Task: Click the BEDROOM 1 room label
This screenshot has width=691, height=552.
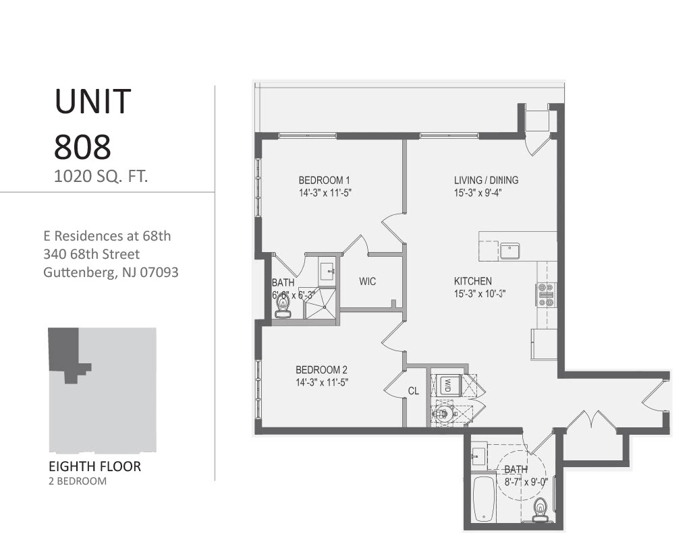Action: [324, 180]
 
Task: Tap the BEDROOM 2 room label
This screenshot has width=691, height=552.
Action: [321, 370]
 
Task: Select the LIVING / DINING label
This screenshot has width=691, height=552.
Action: [486, 180]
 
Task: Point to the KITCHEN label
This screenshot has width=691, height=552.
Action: [472, 281]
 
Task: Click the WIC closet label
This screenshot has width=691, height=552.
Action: [367, 281]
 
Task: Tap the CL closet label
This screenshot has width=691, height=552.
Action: [414, 391]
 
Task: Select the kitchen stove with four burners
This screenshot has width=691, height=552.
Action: [545, 295]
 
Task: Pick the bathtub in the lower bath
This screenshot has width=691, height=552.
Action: [483, 499]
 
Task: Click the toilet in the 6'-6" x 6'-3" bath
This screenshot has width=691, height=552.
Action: [283, 306]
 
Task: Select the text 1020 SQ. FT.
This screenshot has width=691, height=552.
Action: [101, 177]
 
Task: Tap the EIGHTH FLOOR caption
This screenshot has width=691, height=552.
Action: [95, 466]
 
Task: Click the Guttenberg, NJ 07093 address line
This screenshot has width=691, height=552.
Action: [111, 273]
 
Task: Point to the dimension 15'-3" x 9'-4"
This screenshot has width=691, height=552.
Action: [477, 193]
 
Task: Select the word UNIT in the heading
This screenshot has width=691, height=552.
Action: [92, 101]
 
